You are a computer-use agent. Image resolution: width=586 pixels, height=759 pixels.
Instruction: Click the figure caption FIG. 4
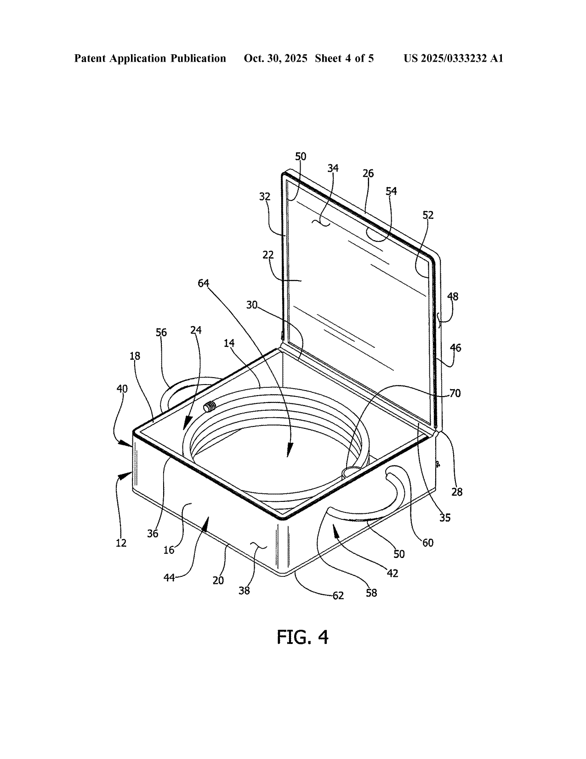click(x=302, y=637)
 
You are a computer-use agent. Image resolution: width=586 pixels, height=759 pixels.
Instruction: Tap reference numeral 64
click(x=203, y=283)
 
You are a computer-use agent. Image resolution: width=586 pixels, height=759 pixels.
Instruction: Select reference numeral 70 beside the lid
click(x=455, y=393)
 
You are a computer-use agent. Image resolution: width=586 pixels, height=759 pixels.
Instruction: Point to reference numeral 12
click(x=121, y=543)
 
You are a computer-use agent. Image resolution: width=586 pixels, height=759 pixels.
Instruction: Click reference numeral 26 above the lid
click(x=368, y=173)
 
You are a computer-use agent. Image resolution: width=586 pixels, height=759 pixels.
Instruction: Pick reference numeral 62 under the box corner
click(x=338, y=596)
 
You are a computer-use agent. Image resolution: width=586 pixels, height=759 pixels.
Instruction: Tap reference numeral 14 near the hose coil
click(x=229, y=343)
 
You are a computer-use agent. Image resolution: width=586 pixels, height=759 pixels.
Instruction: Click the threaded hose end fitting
click(x=210, y=407)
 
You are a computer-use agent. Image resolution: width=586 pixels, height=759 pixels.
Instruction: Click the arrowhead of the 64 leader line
click(x=290, y=451)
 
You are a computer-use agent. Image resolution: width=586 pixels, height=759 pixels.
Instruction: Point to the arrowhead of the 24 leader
click(x=188, y=424)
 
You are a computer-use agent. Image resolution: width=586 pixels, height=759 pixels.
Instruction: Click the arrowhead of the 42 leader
click(x=336, y=530)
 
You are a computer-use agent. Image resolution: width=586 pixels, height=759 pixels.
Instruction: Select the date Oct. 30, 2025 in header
click(x=275, y=58)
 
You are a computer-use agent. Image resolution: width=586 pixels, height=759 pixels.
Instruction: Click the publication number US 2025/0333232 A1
click(x=453, y=58)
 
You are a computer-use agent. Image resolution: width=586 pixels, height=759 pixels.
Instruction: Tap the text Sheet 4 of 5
click(x=344, y=58)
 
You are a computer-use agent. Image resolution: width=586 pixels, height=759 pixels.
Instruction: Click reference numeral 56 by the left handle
click(x=161, y=332)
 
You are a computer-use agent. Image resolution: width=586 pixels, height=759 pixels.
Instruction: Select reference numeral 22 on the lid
click(x=268, y=255)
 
